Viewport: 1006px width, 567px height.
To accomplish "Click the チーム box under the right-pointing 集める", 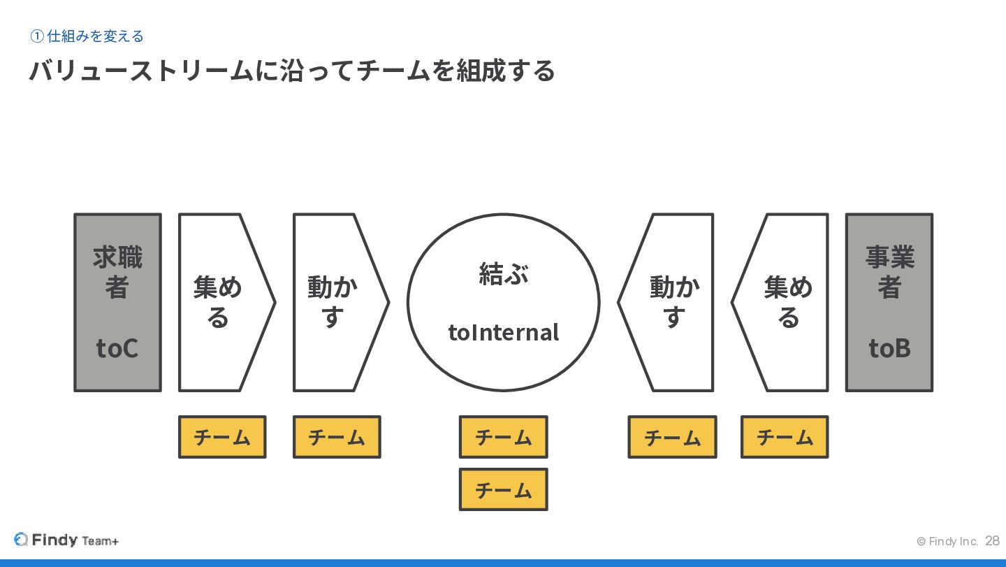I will (x=222, y=437).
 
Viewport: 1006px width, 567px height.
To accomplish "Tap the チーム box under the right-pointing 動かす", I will (x=337, y=437).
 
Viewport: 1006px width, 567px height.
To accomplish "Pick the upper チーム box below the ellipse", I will (x=503, y=437).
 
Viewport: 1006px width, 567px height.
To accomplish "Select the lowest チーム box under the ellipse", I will (x=503, y=489).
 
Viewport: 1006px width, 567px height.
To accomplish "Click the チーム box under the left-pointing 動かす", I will (x=672, y=437).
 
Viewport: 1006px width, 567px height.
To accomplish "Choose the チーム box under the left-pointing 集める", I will (x=785, y=437).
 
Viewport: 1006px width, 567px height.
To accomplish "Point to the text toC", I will (x=117, y=347).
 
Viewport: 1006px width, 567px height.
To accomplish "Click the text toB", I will (x=889, y=347).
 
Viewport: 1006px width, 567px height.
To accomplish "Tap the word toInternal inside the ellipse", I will (x=503, y=332).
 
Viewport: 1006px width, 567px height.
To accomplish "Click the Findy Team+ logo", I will (x=66, y=540).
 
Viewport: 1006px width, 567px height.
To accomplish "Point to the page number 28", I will (x=992, y=541).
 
